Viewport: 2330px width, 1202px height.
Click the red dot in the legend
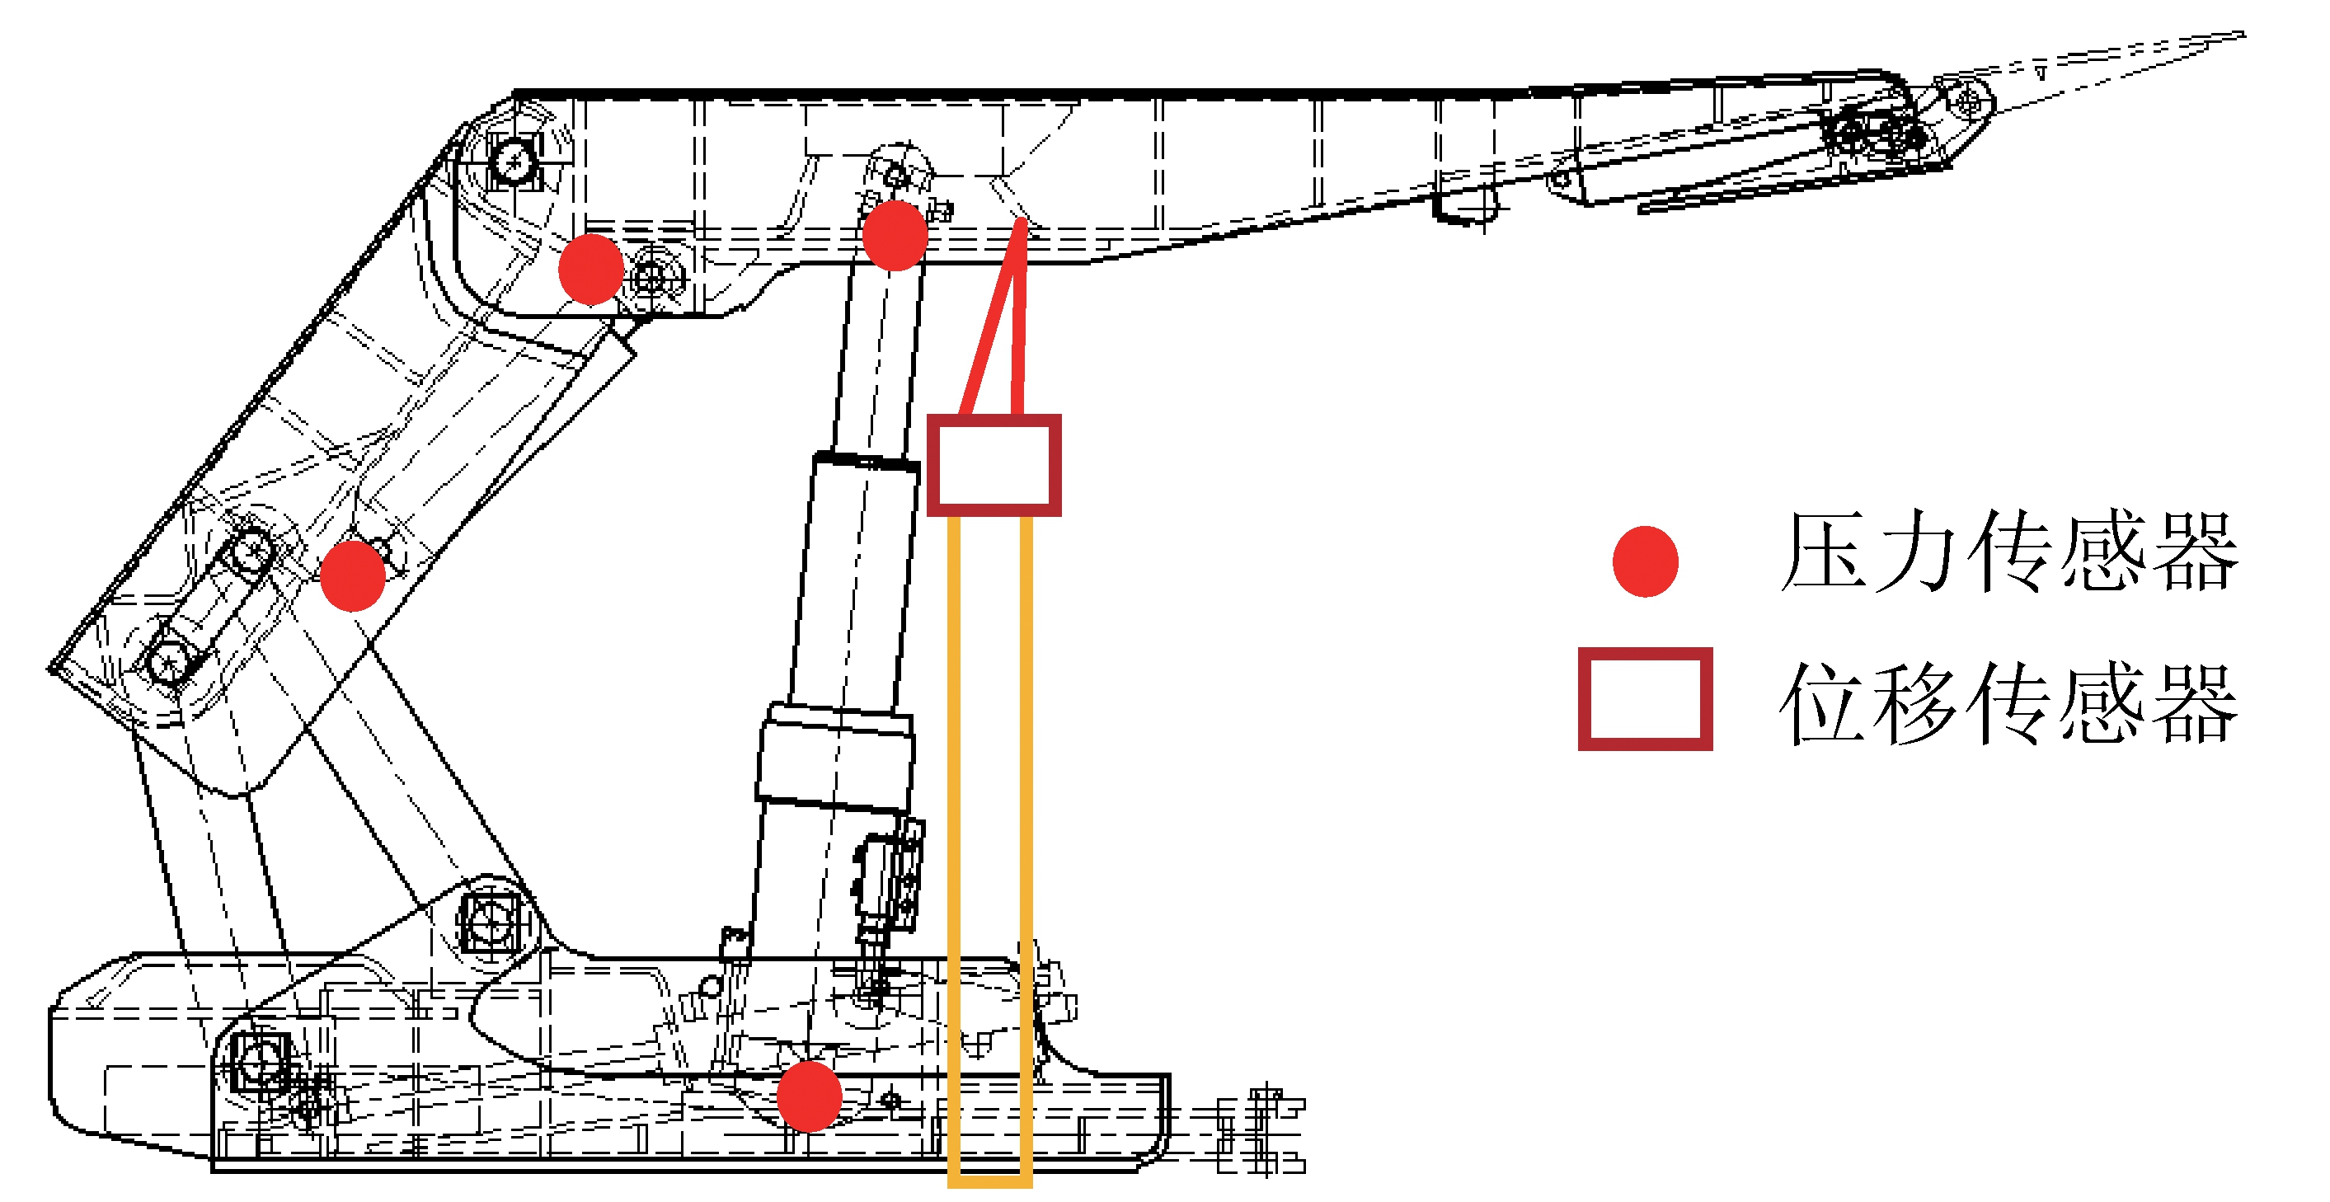tap(1646, 561)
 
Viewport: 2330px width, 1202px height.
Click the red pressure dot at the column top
tap(895, 235)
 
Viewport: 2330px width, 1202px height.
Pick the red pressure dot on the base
tap(810, 1096)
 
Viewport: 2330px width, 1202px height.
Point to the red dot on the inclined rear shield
tap(353, 576)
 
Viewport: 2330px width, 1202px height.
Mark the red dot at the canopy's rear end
tap(590, 269)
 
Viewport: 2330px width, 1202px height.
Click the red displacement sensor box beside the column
tap(994, 465)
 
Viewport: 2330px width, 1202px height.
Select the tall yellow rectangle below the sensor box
tap(989, 850)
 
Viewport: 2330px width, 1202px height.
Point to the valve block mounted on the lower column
tap(889, 877)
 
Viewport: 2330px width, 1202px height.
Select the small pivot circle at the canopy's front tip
tap(1966, 100)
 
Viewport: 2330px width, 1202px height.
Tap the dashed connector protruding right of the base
tap(1257, 1130)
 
